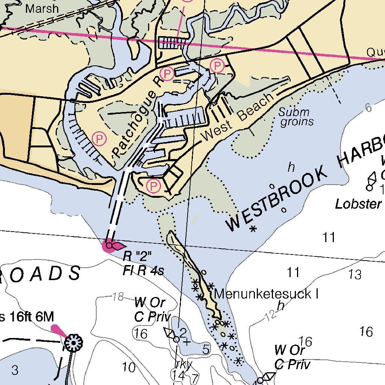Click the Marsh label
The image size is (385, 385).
(x=42, y=8)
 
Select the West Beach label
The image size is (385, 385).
(x=238, y=117)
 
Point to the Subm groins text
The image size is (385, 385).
(x=296, y=117)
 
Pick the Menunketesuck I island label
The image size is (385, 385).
(x=266, y=294)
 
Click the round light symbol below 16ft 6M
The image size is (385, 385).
(x=73, y=343)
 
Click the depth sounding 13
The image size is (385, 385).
(x=355, y=274)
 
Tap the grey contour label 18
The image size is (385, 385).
(x=118, y=297)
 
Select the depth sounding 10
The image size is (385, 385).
(x=129, y=367)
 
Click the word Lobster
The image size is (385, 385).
(x=358, y=204)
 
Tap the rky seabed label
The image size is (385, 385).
(x=184, y=364)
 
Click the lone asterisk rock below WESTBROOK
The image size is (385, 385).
(x=253, y=228)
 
